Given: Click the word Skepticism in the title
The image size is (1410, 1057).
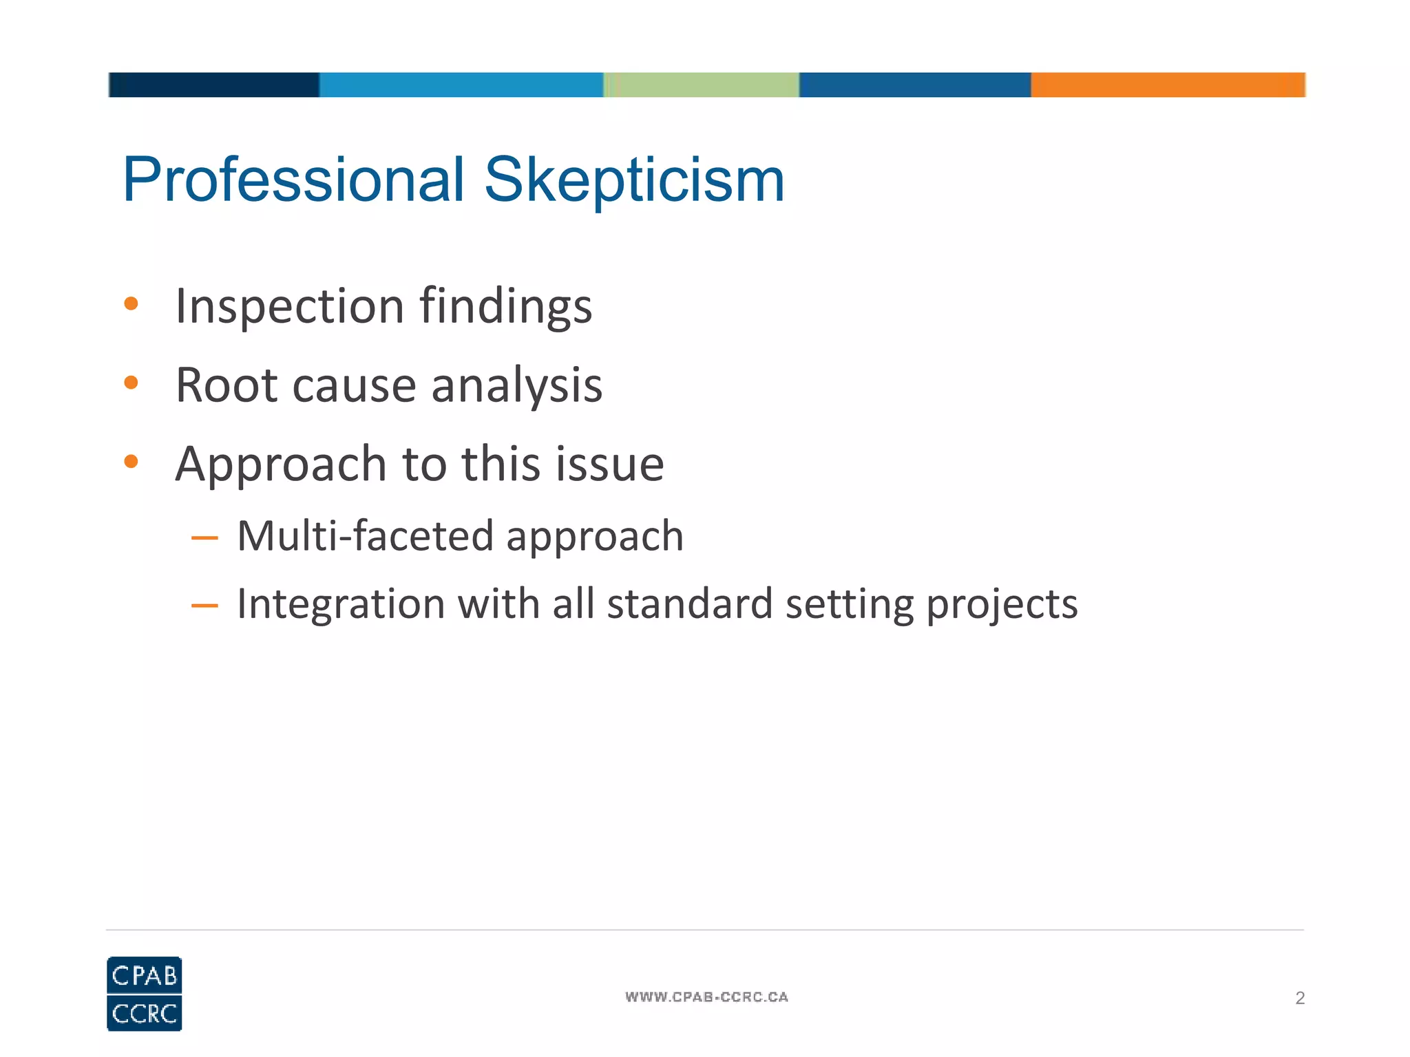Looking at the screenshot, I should coord(634,180).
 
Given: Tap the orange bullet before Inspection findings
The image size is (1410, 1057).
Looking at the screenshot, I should coord(131,303).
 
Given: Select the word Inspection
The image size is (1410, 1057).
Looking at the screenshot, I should coord(290,307).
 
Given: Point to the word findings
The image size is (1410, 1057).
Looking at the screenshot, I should coord(506,307).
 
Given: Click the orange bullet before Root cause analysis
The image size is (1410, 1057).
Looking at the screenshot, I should coord(131,383).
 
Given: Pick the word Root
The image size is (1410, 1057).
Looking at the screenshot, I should coord(227,385).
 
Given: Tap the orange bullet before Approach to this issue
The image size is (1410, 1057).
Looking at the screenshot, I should coord(131,462).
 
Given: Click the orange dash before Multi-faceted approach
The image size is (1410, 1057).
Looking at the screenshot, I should coord(204,538).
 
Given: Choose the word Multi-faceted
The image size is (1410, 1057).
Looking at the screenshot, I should coord(366,536).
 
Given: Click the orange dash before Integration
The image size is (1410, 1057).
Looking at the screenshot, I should coord(204,606).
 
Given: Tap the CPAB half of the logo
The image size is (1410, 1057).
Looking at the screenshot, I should coord(145,974).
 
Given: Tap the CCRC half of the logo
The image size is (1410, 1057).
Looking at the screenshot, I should coord(145,1013).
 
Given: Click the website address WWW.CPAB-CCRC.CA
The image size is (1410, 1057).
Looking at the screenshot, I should coord(706,997).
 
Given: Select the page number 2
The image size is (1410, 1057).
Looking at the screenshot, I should coord(1300,998).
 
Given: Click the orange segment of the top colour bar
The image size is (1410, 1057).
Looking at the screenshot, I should coord(1168,85).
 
